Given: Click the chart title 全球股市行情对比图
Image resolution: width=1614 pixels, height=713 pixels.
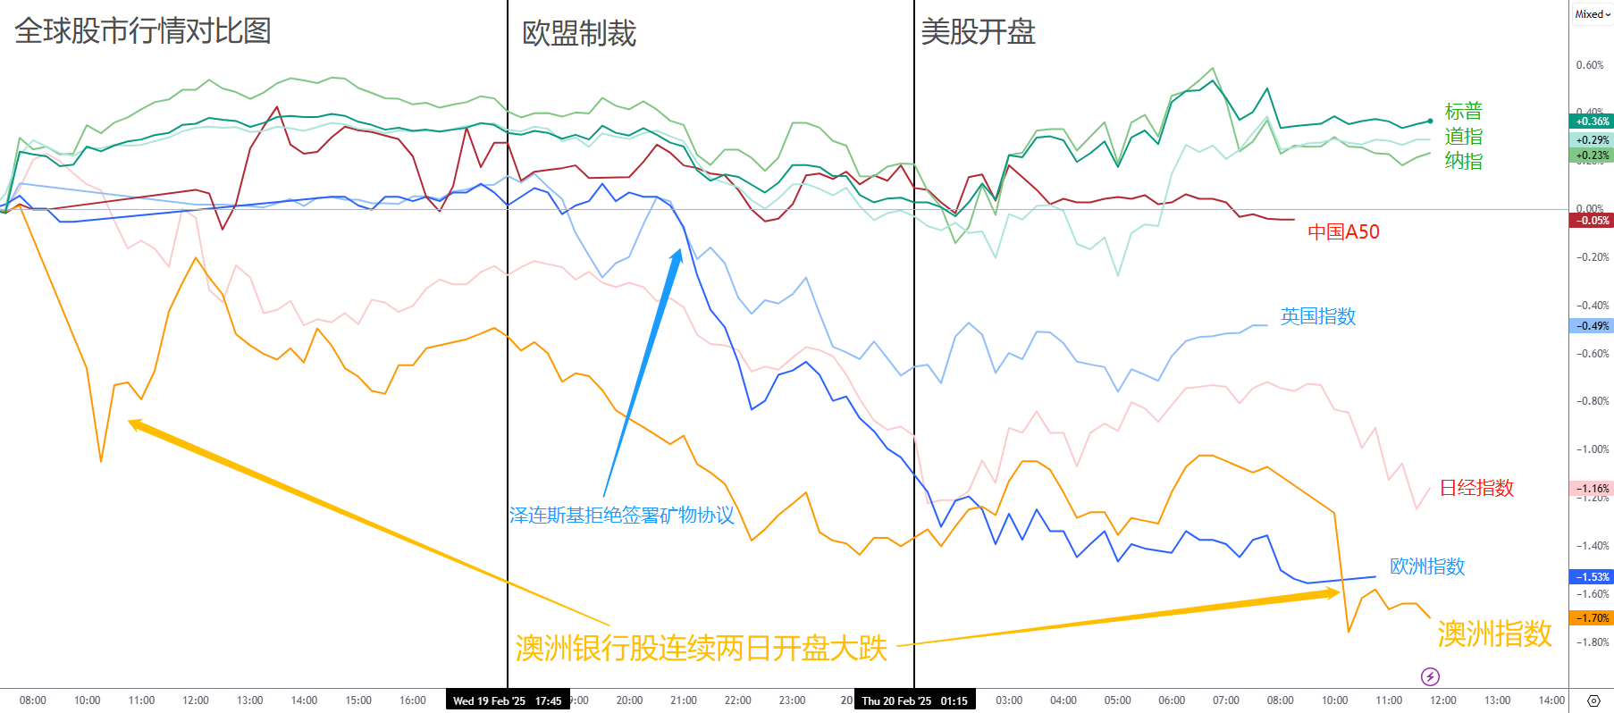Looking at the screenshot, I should click(143, 31).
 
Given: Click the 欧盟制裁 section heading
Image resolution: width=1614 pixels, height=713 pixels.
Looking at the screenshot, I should click(579, 34).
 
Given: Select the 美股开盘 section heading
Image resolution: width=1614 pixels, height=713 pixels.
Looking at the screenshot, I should click(978, 32).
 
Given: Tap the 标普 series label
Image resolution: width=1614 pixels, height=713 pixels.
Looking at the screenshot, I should click(1463, 112).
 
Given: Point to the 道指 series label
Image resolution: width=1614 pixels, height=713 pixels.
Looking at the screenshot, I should click(1463, 137).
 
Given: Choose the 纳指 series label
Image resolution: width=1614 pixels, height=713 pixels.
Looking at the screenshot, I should click(1463, 161).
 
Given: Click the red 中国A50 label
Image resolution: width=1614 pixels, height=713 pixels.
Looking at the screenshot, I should click(1343, 232).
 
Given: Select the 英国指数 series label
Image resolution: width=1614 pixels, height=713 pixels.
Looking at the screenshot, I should click(1317, 316).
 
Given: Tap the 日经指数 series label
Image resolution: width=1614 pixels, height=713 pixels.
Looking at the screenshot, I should click(1476, 488).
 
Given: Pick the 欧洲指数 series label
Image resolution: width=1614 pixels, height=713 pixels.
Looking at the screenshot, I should click(1427, 566).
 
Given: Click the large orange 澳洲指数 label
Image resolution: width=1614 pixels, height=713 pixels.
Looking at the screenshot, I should click(1494, 634).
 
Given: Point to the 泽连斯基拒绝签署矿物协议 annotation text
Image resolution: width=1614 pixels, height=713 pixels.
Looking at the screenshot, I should click(621, 516).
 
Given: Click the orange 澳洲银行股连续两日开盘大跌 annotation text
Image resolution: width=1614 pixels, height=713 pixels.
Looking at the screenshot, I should click(701, 648).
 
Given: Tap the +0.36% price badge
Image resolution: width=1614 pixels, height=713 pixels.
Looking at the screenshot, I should click(1592, 122).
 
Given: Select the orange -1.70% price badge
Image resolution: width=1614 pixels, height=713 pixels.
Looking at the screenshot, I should click(1592, 618).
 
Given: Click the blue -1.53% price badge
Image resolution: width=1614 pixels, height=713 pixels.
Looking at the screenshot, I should click(1592, 577).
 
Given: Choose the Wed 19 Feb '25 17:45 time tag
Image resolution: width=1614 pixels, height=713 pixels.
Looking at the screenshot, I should click(507, 701).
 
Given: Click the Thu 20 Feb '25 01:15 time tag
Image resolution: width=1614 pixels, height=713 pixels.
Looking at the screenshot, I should click(914, 701).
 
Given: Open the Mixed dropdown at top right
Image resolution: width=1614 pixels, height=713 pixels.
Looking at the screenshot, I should click(1592, 14).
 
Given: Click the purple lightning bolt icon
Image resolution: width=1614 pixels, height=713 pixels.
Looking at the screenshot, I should click(1430, 676).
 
